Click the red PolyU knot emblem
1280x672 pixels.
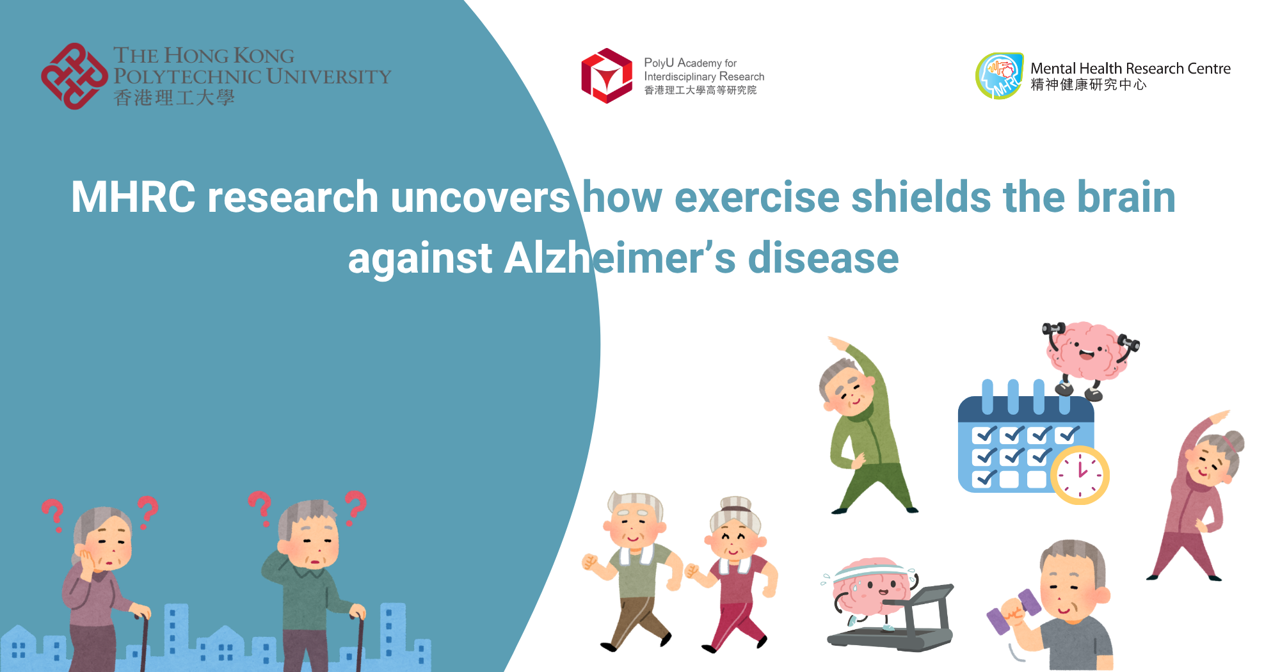(x=74, y=76)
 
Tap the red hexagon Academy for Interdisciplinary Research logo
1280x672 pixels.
(x=606, y=76)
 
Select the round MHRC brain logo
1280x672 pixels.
(x=999, y=76)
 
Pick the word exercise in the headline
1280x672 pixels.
(x=756, y=196)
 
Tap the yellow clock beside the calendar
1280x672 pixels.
(x=1080, y=475)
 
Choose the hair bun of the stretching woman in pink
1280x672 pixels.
(x=1235, y=441)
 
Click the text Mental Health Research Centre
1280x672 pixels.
(x=1130, y=68)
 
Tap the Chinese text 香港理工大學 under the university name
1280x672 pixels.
(x=174, y=98)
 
